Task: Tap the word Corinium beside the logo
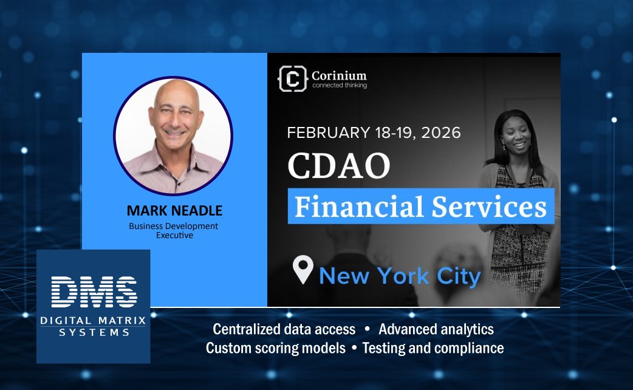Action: click(x=339, y=75)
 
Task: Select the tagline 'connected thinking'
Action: click(x=339, y=86)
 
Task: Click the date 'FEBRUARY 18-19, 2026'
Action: click(x=374, y=132)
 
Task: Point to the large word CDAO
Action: click(x=338, y=166)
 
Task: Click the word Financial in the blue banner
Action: click(x=359, y=207)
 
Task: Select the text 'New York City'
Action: click(x=400, y=276)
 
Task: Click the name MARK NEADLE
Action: click(x=174, y=211)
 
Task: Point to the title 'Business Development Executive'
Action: click(x=173, y=230)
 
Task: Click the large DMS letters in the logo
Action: click(x=94, y=291)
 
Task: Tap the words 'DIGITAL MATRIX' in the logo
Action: click(x=94, y=321)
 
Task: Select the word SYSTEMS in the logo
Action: click(x=94, y=332)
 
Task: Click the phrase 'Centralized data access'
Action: click(x=284, y=329)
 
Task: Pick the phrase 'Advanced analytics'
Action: click(x=436, y=329)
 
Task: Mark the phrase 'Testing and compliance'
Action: click(x=433, y=348)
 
